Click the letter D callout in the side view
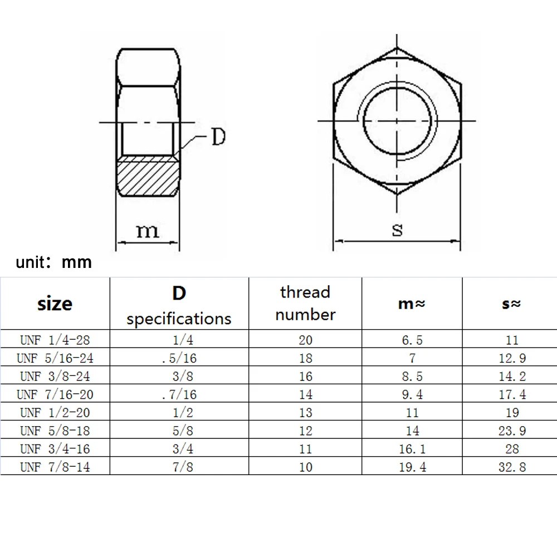pyautogui.click(x=218, y=137)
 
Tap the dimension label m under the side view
pyautogui.click(x=147, y=231)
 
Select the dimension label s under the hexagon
pyautogui.click(x=397, y=229)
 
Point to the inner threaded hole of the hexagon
pyautogui.click(x=397, y=120)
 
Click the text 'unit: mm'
pyautogui.click(x=54, y=262)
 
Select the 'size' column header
pyautogui.click(x=55, y=304)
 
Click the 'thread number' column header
pyautogui.click(x=305, y=304)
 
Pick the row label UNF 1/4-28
pyautogui.click(x=55, y=340)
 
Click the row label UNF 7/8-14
pyautogui.click(x=55, y=467)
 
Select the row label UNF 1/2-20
pyautogui.click(x=55, y=413)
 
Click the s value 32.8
pyautogui.click(x=512, y=467)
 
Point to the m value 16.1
pyautogui.click(x=412, y=449)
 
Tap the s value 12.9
pyautogui.click(x=512, y=358)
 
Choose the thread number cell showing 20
pyautogui.click(x=305, y=340)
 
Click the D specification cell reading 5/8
pyautogui.click(x=179, y=431)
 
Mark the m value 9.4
pyautogui.click(x=412, y=394)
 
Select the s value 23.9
pyautogui.click(x=512, y=431)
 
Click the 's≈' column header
pyautogui.click(x=511, y=304)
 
